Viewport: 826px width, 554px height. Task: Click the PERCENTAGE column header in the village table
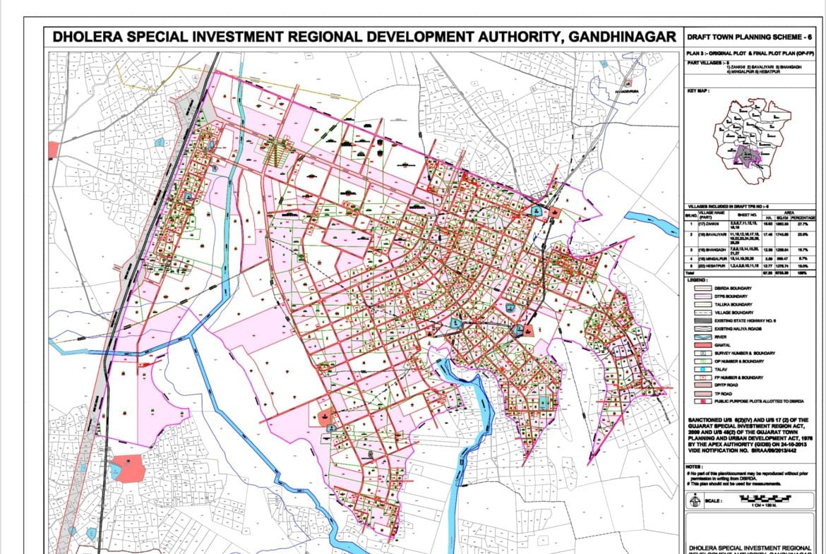coord(806,218)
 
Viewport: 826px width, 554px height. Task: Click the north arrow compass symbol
coord(695,501)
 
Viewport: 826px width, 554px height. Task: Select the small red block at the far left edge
coord(53,150)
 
